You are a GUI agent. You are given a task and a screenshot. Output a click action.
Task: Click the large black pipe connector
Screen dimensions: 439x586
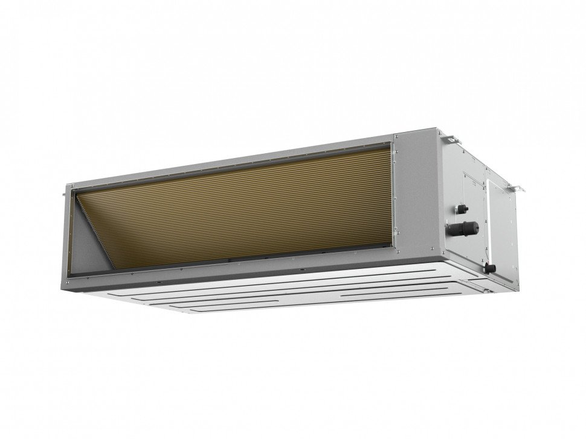click(x=466, y=228)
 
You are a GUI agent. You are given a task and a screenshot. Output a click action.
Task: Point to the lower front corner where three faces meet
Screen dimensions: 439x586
click(x=444, y=266)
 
